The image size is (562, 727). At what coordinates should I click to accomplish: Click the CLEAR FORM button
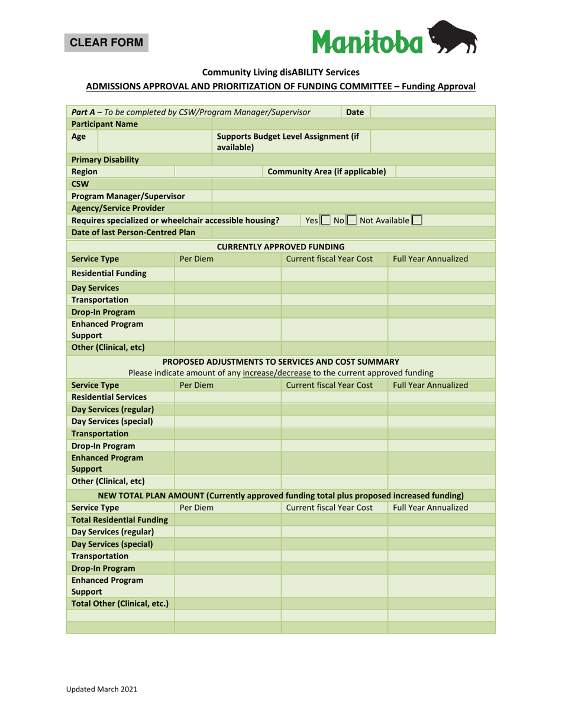[106, 43]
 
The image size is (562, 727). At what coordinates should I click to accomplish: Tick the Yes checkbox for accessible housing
[325, 220]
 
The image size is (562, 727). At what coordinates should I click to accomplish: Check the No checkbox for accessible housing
[351, 220]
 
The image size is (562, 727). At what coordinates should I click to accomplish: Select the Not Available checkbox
[417, 220]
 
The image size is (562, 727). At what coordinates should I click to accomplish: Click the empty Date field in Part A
[432, 112]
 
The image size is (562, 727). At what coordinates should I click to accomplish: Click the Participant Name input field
[353, 124]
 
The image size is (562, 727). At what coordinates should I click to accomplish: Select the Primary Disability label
[105, 160]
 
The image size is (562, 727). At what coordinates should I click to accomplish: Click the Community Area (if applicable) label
[327, 171]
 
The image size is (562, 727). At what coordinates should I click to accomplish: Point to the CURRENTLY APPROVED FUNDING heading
[281, 246]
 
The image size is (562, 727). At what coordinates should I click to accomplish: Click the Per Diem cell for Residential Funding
[227, 273]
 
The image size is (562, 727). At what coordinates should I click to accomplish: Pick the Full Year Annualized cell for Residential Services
[441, 397]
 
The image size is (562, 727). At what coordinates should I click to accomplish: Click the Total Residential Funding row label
[119, 520]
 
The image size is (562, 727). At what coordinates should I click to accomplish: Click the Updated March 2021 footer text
[101, 689]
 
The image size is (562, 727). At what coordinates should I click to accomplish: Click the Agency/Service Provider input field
[353, 208]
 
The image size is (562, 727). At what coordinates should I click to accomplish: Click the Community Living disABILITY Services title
[281, 72]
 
